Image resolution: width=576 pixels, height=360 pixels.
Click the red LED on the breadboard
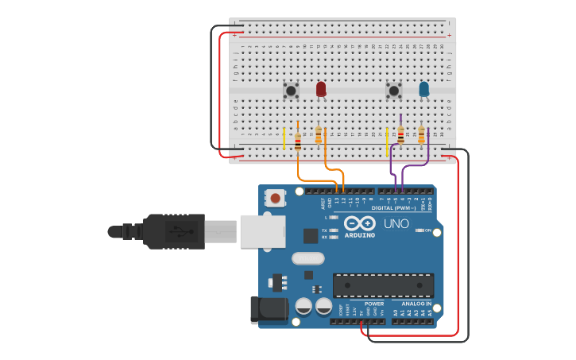tap(321, 89)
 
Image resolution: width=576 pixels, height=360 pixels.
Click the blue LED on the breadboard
tap(423, 89)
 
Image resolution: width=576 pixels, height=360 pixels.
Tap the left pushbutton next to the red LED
tap(291, 91)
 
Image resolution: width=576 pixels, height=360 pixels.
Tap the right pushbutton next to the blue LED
tap(393, 91)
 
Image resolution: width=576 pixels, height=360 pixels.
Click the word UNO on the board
tap(396, 224)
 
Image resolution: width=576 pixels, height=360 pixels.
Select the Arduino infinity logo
tap(360, 223)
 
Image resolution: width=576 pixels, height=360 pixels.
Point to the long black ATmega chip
tap(383, 285)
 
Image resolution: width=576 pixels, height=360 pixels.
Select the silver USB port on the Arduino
tap(261, 231)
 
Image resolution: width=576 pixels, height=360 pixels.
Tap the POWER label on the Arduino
tap(373, 304)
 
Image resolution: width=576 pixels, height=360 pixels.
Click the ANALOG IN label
tap(416, 304)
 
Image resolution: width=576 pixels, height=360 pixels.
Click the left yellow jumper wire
tap(284, 138)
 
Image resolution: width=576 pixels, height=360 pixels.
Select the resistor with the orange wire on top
tap(298, 141)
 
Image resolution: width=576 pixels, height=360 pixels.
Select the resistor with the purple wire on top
tap(400, 137)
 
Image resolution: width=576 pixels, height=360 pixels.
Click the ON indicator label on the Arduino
tap(427, 230)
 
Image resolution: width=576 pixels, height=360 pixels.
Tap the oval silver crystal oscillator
tap(308, 258)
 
